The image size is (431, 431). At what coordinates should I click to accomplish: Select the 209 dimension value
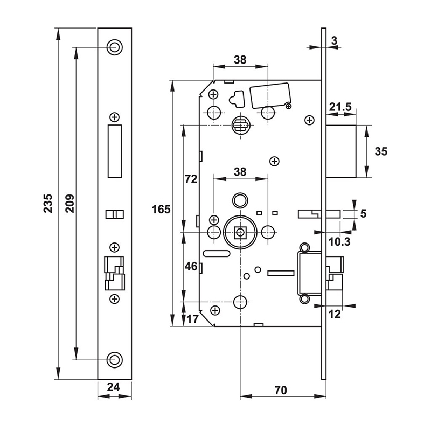(69, 205)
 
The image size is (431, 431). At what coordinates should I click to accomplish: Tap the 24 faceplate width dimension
(114, 386)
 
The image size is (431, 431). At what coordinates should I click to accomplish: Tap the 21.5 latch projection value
(340, 108)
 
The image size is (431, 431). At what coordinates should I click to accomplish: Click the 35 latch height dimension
(380, 151)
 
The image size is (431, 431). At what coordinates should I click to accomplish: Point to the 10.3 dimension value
(339, 242)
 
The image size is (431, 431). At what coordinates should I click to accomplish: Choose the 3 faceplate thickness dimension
(335, 40)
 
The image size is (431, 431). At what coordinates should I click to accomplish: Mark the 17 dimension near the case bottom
(193, 319)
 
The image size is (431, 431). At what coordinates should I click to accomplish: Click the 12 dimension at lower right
(335, 315)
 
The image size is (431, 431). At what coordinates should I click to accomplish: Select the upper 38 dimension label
(240, 60)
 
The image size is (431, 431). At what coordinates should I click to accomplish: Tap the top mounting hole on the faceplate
(114, 47)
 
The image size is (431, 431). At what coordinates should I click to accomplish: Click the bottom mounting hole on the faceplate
(114, 359)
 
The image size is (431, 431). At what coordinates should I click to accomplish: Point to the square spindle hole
(240, 233)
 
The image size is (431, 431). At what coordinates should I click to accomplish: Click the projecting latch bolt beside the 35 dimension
(342, 151)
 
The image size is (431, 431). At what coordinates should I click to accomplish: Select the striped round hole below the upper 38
(240, 125)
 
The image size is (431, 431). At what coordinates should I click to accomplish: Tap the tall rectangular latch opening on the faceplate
(114, 151)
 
